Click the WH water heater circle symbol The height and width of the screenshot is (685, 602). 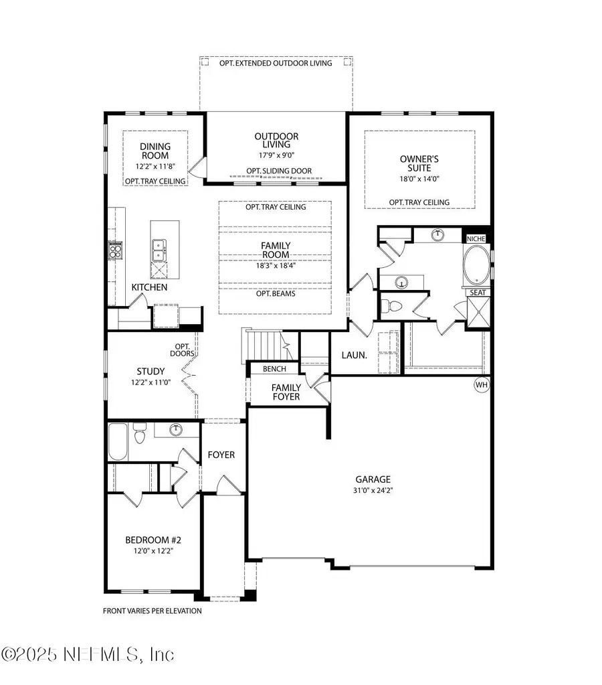pos(481,385)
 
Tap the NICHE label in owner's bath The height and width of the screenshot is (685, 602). pos(476,238)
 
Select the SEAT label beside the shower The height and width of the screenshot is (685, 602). pos(478,292)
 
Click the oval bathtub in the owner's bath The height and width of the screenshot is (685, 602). pos(476,265)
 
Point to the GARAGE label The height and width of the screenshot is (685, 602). pos(373,479)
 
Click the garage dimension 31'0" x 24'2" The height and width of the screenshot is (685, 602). pos(373,490)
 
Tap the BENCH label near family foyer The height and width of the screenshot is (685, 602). pos(274,369)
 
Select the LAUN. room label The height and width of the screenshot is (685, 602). pos(354,356)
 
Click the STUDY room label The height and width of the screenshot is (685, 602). pos(150,372)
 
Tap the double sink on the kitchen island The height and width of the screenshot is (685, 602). pos(159,250)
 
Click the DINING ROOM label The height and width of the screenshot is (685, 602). pos(155,151)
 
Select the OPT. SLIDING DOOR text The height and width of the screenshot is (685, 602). pos(279,171)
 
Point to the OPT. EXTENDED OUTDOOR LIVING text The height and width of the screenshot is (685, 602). pos(277,63)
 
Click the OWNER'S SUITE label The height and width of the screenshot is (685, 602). pos(419,164)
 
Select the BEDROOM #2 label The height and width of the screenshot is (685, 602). pos(154,540)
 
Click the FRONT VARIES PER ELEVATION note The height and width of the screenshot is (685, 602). pos(152,611)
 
